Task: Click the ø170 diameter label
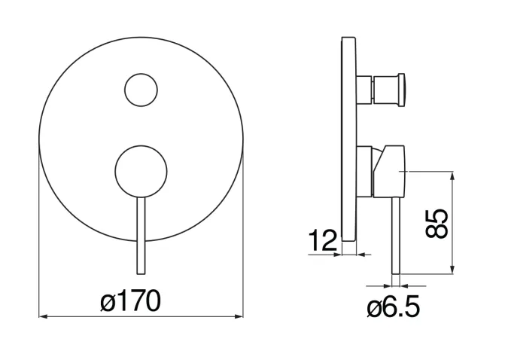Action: tap(130, 301)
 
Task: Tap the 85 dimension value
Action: tap(437, 224)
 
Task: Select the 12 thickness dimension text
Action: tap(322, 240)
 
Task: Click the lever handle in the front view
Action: tap(141, 236)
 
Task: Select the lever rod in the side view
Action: tap(396, 236)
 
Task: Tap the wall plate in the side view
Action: tap(349, 139)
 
